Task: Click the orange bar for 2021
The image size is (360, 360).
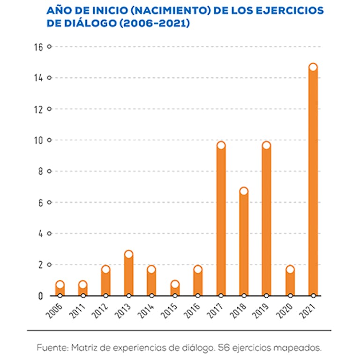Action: (313, 183)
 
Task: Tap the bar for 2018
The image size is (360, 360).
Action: (244, 244)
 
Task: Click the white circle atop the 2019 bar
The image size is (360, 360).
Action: (267, 145)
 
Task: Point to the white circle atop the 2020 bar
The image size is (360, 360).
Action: (290, 270)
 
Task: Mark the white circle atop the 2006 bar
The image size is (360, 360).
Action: (60, 285)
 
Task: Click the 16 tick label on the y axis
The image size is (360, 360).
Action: (38, 47)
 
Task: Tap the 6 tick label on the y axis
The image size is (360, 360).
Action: (41, 202)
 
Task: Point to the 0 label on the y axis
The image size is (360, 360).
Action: (41, 296)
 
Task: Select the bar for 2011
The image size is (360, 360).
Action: (82, 290)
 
